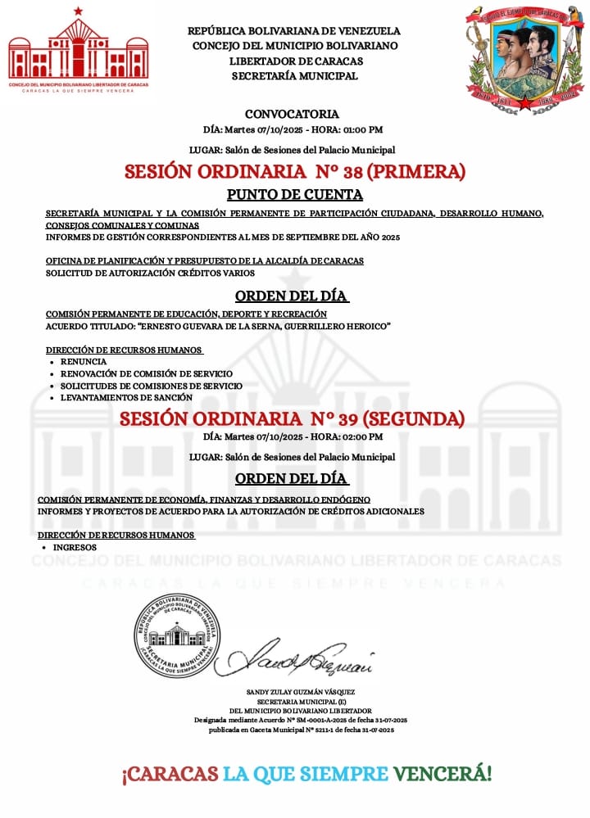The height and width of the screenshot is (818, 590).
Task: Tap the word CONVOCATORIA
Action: pos(292,115)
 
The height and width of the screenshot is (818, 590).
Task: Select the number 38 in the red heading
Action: pos(343,172)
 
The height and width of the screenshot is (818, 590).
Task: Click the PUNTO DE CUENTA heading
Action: pos(294,195)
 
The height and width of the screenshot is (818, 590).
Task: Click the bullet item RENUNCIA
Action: pos(84,361)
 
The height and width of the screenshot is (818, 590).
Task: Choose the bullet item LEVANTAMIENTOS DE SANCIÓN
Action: pos(126,398)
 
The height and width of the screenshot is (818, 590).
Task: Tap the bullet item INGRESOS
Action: pos(75,547)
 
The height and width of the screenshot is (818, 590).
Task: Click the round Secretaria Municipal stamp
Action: pos(176,635)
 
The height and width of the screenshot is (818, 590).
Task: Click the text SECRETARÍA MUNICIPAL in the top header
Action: pos(294,76)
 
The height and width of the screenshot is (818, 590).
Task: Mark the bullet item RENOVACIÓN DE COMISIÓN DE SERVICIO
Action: pos(146,373)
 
